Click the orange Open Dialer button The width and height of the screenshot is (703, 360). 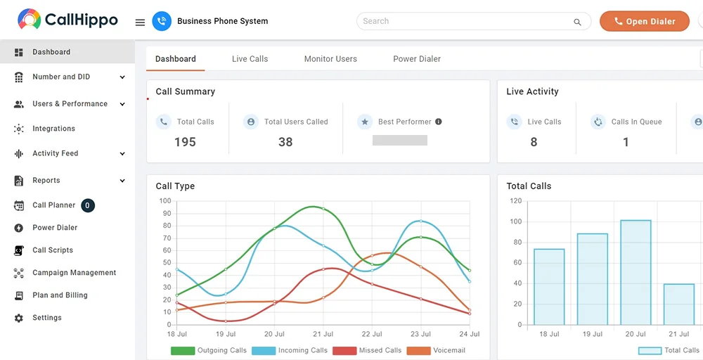pyautogui.click(x=644, y=21)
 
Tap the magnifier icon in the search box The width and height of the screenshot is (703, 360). pyautogui.click(x=577, y=22)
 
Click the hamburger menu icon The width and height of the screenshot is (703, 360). pyautogui.click(x=141, y=22)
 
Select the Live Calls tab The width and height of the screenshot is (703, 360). pyautogui.click(x=250, y=59)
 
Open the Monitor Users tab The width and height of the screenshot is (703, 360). pyautogui.click(x=330, y=59)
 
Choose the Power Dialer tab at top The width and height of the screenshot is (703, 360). pyautogui.click(x=417, y=59)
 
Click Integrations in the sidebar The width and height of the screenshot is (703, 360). pyautogui.click(x=54, y=129)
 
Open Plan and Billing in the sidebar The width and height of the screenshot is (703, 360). pyautogui.click(x=60, y=295)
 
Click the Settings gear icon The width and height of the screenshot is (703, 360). pyautogui.click(x=19, y=318)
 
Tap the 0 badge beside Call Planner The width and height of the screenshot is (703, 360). pyautogui.click(x=88, y=205)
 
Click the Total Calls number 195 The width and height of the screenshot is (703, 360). pyautogui.click(x=185, y=142)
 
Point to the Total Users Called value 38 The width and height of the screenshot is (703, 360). pyautogui.click(x=285, y=142)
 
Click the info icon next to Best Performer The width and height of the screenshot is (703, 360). pyautogui.click(x=439, y=122)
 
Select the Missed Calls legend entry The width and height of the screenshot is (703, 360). pyautogui.click(x=367, y=351)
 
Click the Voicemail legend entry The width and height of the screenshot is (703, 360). pyautogui.click(x=436, y=351)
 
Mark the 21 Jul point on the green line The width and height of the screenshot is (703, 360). pyautogui.click(x=323, y=209)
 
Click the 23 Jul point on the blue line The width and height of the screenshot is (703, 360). pyautogui.click(x=420, y=221)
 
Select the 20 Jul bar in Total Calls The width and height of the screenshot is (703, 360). pyautogui.click(x=636, y=272)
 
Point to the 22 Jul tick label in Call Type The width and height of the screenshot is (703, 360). pyautogui.click(x=372, y=334)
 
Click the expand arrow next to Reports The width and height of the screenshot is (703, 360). pyautogui.click(x=122, y=181)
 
